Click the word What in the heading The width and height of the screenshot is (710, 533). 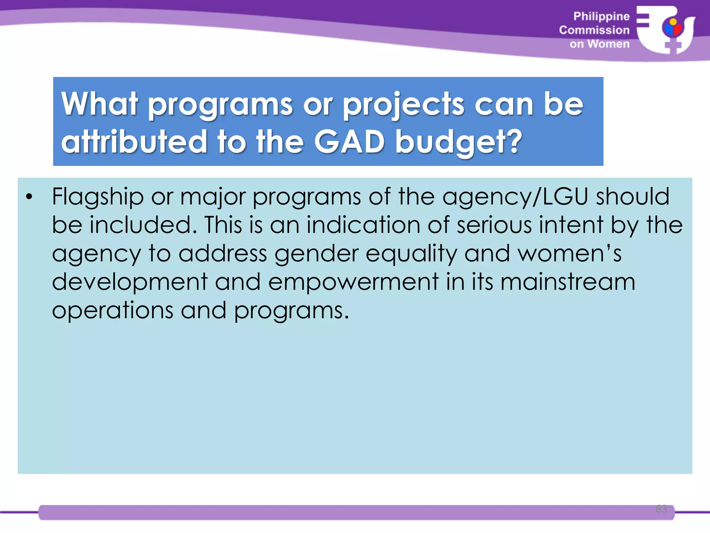pyautogui.click(x=99, y=104)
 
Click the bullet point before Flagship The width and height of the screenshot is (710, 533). pyautogui.click(x=29, y=197)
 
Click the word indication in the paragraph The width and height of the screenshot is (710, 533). pyautogui.click(x=363, y=225)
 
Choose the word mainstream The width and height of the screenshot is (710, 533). pyautogui.click(x=568, y=282)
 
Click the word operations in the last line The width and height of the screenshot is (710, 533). pyautogui.click(x=113, y=311)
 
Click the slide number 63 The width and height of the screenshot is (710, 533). pyautogui.click(x=661, y=509)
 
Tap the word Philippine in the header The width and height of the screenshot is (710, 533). pyautogui.click(x=601, y=16)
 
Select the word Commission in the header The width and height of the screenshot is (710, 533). pyautogui.click(x=594, y=30)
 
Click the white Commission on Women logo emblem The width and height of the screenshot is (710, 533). pyautogui.click(x=666, y=30)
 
